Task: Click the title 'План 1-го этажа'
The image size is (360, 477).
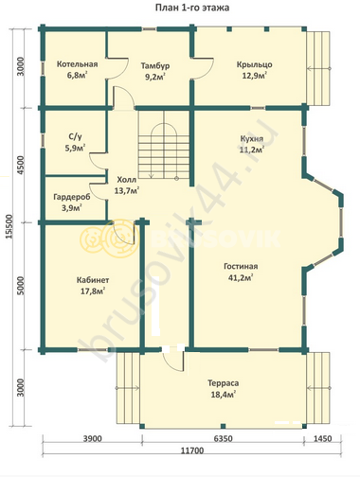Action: coord(192,8)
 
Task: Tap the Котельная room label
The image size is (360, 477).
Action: coord(77,64)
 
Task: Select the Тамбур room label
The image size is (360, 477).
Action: coord(155,66)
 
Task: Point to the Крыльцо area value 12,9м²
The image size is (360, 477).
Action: coord(255,76)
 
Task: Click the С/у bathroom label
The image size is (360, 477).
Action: coord(75,137)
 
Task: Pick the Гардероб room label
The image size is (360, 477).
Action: coord(72,197)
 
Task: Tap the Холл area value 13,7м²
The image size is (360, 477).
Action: coord(127,191)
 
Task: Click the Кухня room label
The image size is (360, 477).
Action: coord(252,139)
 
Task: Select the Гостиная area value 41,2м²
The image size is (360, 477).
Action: coord(241,278)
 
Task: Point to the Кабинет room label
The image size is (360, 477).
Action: coord(93,280)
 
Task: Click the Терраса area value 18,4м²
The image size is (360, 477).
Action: coord(224,395)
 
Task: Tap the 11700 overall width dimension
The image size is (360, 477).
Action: coord(192,450)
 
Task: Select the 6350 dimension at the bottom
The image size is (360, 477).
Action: coord(223,438)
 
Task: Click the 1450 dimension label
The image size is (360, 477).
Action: coord(323,438)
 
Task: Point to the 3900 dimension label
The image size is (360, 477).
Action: coord(92,438)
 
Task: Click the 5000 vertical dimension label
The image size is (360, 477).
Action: coord(20,286)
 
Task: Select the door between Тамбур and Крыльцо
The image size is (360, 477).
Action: coord(202,68)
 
